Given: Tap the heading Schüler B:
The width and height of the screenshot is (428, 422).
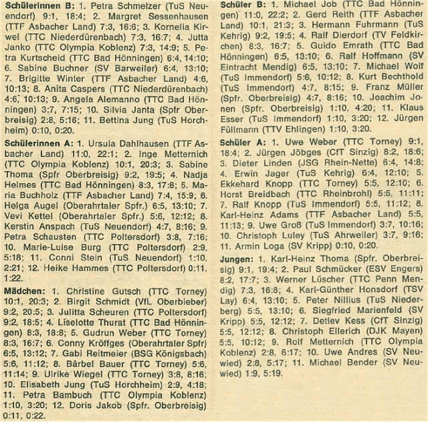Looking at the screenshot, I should point(245,5).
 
